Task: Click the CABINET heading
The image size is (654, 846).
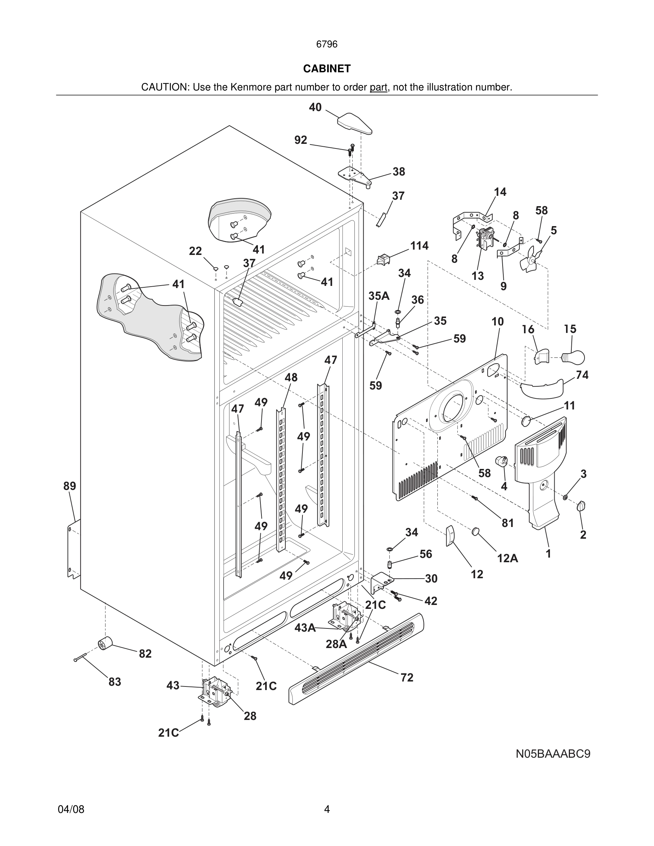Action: (x=327, y=69)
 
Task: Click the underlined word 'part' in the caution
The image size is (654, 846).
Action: (x=378, y=87)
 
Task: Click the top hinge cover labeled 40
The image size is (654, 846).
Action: (x=354, y=124)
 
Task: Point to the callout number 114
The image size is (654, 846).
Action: (x=419, y=246)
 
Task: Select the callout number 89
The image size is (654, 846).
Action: (x=70, y=486)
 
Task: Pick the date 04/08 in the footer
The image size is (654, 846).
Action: (x=71, y=809)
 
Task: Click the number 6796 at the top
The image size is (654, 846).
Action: (x=327, y=44)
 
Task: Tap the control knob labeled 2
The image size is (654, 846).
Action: (x=581, y=506)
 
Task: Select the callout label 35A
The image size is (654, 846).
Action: (x=379, y=296)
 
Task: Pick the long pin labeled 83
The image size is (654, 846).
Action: (x=81, y=657)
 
